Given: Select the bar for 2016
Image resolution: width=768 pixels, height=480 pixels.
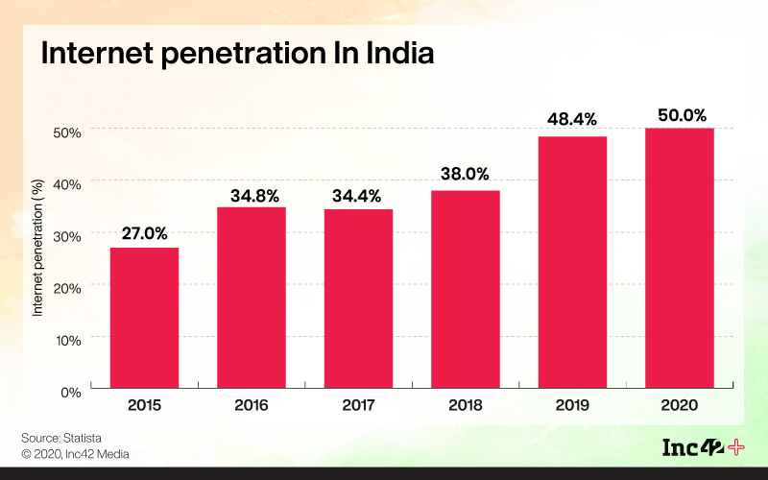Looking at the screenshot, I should tap(252, 297).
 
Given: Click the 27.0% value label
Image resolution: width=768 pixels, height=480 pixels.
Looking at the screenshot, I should tap(144, 232).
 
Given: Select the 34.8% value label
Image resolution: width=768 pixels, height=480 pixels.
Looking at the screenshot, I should tap(254, 196).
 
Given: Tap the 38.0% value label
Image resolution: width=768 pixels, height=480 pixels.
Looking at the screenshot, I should tap(466, 175).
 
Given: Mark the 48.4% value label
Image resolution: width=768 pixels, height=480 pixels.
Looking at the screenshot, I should tap(573, 120).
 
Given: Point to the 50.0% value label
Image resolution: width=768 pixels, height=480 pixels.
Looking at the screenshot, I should tap(681, 114).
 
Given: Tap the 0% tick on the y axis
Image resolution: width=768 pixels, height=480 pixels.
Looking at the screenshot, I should tap(71, 391).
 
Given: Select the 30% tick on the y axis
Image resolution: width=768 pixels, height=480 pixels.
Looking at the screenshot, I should tap(67, 234).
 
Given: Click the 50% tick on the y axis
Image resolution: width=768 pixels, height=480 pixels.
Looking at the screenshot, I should tap(67, 130).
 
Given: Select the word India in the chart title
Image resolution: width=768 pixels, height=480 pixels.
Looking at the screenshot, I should tap(393, 54).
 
